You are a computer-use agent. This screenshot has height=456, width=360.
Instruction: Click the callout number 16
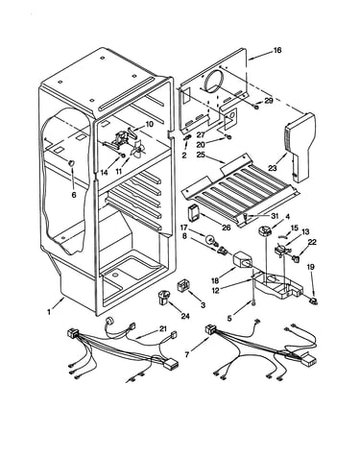point(277,50)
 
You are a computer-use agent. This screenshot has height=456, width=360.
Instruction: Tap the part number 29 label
point(269,101)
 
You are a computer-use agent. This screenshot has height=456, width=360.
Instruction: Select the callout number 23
point(273,168)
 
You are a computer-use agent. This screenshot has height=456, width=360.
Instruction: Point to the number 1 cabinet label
point(49,311)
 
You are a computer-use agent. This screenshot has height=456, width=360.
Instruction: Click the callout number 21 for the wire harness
point(163,329)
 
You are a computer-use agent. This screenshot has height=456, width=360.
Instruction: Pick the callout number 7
point(187,354)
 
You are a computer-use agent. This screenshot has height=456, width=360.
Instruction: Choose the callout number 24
point(185,316)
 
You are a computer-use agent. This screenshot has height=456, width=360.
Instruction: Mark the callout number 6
point(74,194)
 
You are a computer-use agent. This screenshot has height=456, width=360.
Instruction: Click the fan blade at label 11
point(138,150)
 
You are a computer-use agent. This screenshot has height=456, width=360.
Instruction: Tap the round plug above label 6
point(71,162)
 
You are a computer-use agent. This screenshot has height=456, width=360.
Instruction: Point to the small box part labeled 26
point(193,213)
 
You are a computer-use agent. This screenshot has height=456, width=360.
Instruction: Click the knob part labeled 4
point(264,231)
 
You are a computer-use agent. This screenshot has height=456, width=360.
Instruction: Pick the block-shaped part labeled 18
point(242,260)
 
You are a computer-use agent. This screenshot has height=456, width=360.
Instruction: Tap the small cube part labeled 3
point(183,285)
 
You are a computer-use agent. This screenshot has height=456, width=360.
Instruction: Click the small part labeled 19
point(312,300)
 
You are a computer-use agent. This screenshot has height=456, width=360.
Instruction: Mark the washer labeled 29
point(256,108)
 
